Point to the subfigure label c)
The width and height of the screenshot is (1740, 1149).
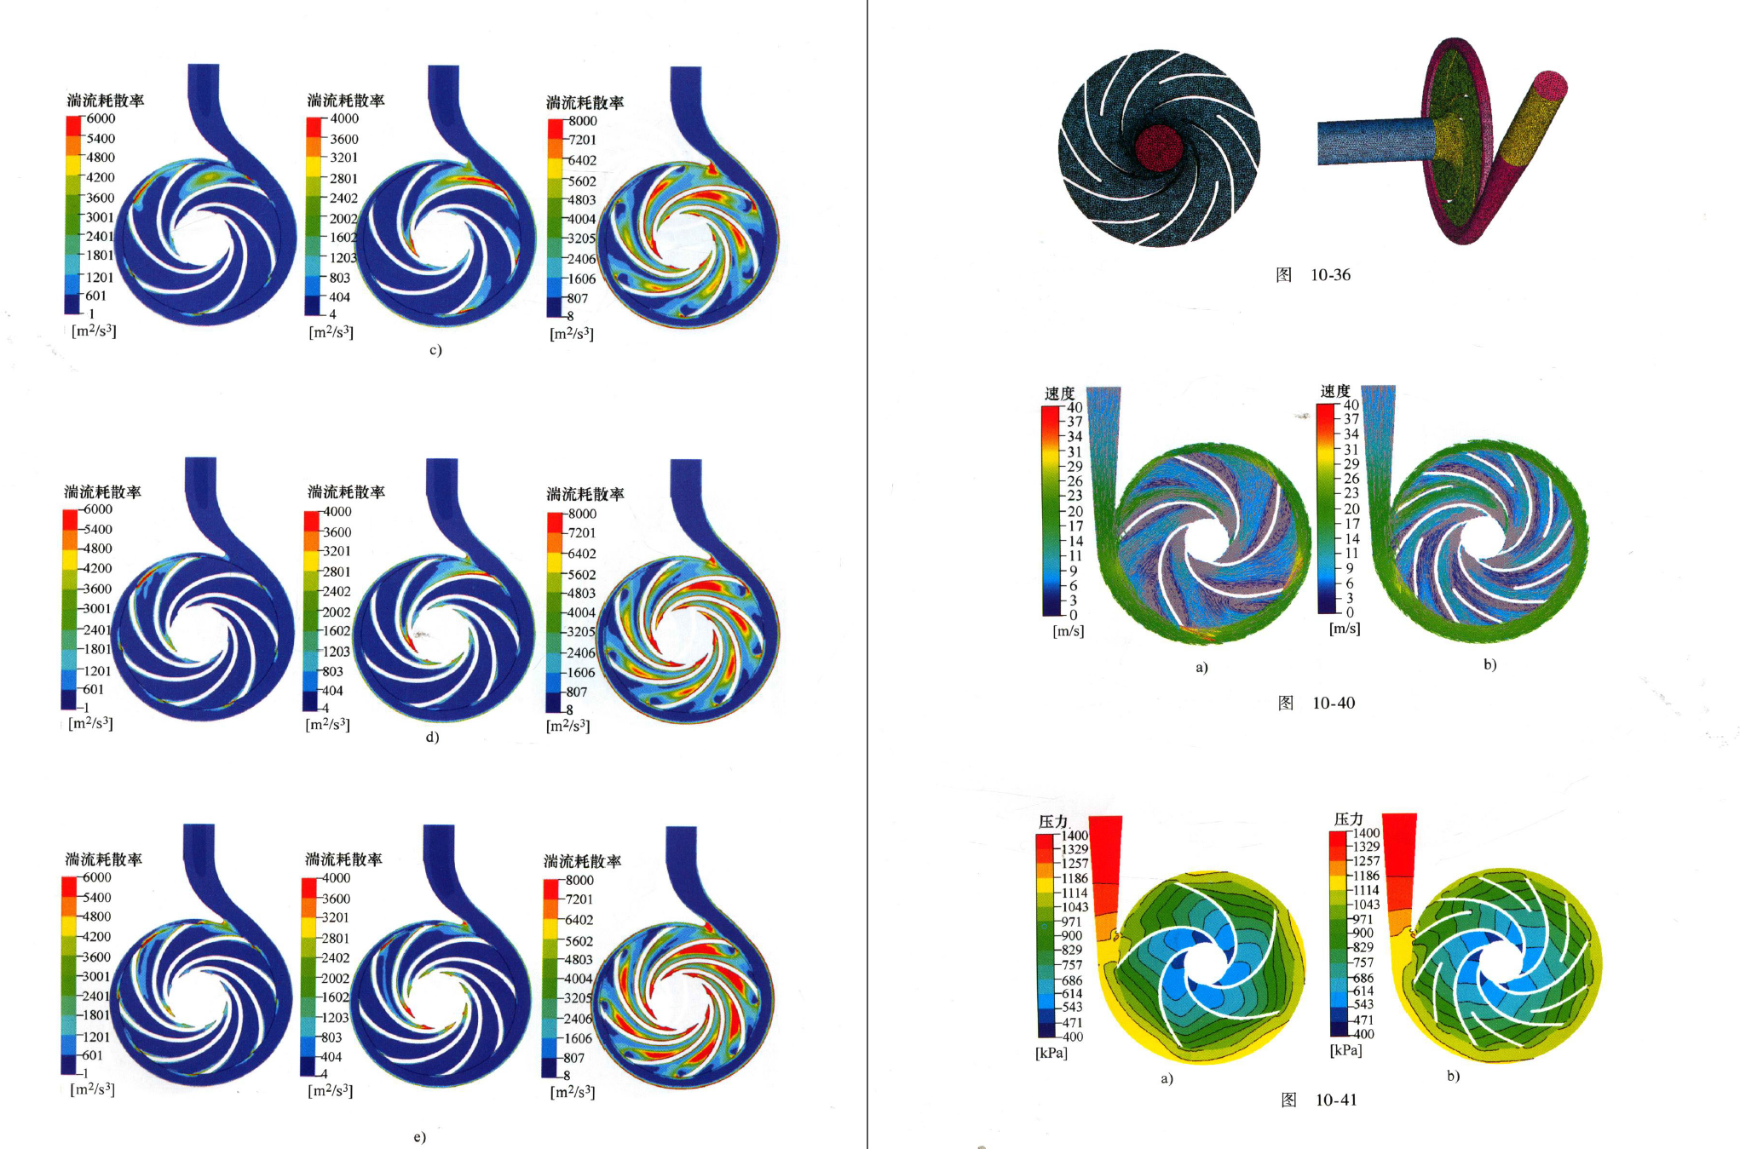coord(435,350)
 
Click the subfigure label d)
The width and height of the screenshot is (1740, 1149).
coord(433,737)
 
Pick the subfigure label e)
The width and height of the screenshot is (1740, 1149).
coord(419,1137)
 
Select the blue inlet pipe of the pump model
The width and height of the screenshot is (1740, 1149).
coord(1376,141)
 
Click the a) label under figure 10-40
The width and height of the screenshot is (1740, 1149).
coord(1201,667)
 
